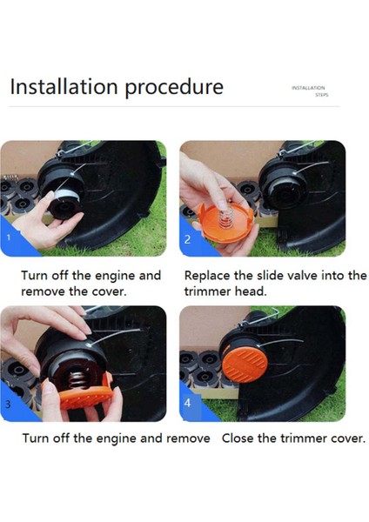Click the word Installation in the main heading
pos(64,86)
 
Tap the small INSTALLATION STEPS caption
pos(310,91)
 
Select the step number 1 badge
pos(9,238)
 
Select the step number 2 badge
pos(187,239)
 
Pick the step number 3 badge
pos(8,404)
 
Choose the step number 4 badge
pos(187,403)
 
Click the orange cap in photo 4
pos(245,365)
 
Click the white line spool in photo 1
pos(67,196)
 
